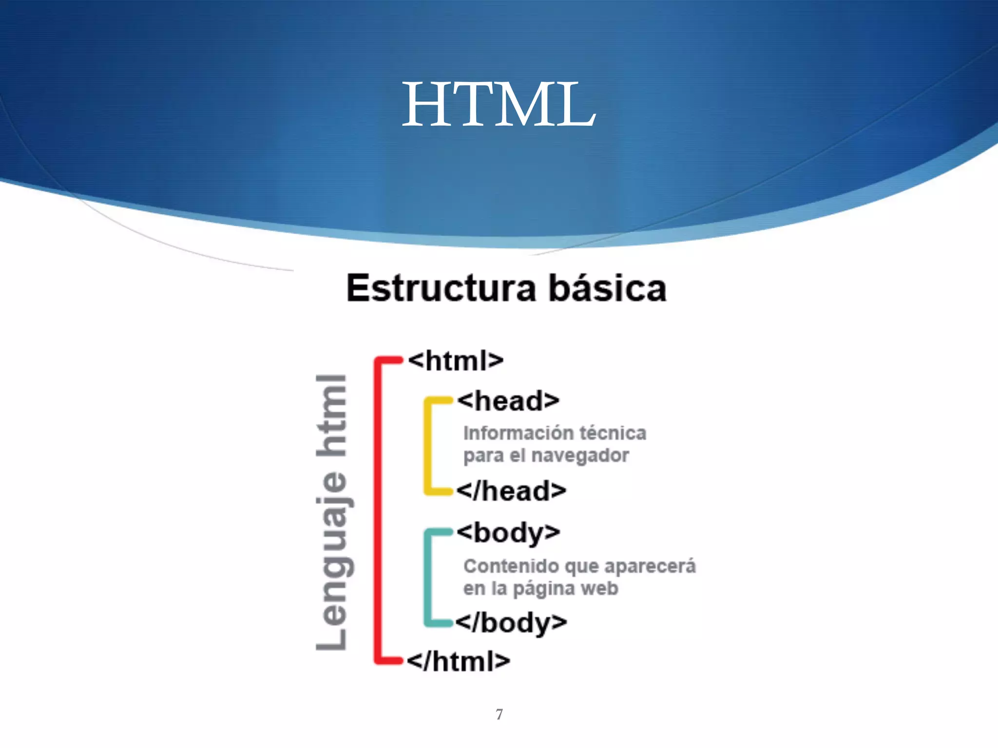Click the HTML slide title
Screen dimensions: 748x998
[499, 105]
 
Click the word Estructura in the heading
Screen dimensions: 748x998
[441, 288]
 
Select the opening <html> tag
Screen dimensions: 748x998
[456, 361]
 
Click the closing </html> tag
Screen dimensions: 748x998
[459, 661]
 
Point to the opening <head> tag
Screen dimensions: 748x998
[508, 401]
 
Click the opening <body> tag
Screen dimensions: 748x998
[508, 533]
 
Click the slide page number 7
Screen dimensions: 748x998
[499, 714]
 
